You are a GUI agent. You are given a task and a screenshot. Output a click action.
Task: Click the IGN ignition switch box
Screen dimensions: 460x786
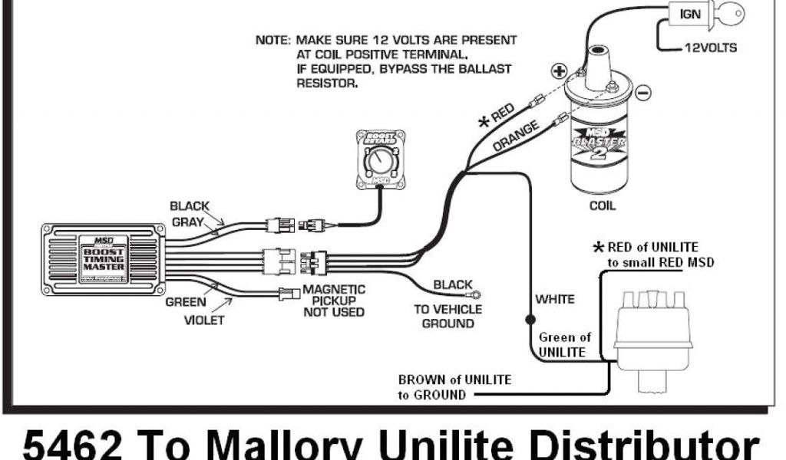(688, 14)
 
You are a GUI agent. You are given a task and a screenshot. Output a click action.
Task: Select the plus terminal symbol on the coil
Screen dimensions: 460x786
(558, 71)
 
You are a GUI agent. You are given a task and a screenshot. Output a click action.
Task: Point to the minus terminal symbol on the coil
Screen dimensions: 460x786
(642, 92)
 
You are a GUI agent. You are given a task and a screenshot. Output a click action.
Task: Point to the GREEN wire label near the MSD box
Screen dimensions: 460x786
(186, 302)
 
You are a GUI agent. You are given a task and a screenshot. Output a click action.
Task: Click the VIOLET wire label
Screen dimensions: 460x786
(204, 320)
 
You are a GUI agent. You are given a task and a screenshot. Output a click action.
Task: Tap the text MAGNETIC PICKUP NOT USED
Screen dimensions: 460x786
(334, 301)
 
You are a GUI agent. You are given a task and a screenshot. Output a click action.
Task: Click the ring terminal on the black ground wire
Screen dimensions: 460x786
(477, 292)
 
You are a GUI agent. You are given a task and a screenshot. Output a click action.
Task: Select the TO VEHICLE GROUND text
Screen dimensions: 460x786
(448, 316)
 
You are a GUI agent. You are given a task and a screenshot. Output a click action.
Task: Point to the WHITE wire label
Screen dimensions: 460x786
(555, 298)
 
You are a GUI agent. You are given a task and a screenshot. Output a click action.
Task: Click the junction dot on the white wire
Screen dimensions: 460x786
(529, 317)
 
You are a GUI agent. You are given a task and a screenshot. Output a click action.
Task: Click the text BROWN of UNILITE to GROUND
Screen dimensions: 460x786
(454, 387)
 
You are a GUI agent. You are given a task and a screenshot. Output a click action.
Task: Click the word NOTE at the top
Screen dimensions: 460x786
(272, 39)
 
